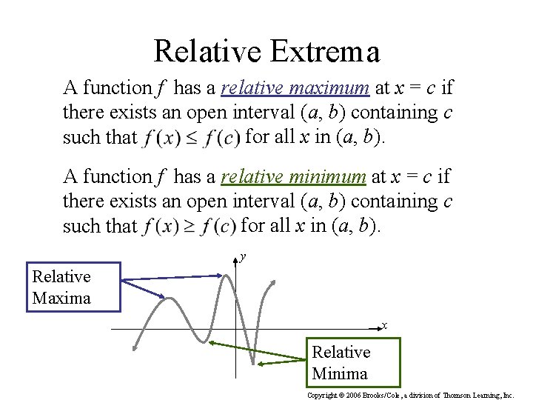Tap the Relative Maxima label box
coord(73,287)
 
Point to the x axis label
coord(384,325)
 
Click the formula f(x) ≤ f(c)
coord(192,138)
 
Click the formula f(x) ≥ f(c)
coord(191,226)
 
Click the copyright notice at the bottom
coord(410,396)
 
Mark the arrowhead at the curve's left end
coord(134,348)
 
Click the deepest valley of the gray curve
coord(253,364)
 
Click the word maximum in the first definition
coord(330,88)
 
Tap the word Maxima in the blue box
coord(61,299)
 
